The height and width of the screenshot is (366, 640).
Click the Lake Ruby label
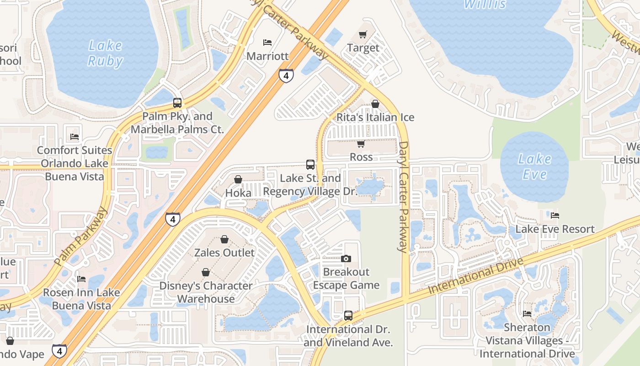coord(105,53)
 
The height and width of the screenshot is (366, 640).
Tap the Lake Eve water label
coord(534,167)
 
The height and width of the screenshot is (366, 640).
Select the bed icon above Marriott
coord(267,43)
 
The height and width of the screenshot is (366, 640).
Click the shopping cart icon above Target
coord(363,34)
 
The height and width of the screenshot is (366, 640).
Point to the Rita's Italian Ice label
coord(375,117)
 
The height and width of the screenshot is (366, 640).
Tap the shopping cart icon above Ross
coord(361,144)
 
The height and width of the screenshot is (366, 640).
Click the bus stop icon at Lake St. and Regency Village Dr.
coord(310,165)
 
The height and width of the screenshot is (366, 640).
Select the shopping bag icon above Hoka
coord(238,179)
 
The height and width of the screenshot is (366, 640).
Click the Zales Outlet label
coord(224,253)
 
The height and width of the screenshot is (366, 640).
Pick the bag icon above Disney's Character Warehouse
coord(206,272)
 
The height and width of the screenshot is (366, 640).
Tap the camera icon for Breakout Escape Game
coord(346,259)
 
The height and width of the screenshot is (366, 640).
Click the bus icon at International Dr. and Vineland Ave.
coord(348,315)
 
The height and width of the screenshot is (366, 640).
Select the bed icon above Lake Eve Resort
coord(555,215)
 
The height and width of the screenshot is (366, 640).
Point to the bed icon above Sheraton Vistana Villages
coord(527,314)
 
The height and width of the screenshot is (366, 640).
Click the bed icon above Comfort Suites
coord(75,137)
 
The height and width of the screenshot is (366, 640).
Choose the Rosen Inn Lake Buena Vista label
coord(81,299)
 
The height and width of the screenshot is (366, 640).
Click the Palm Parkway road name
coord(81,237)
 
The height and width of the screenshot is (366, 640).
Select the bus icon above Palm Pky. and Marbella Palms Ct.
coord(177,103)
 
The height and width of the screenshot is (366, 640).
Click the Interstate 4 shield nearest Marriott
coord(286,75)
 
